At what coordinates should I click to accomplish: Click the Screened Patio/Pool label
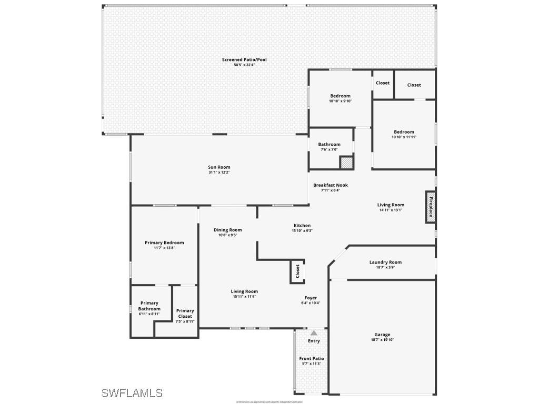[244, 59]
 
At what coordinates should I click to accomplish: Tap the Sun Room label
[218, 167]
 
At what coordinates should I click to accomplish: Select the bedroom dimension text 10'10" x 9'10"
[340, 101]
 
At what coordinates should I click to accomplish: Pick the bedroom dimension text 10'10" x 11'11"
[404, 137]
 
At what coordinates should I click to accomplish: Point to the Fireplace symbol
[430, 207]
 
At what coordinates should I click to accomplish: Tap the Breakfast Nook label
[330, 185]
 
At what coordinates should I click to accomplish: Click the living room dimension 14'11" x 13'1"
[391, 210]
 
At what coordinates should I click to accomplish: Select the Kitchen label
[302, 225]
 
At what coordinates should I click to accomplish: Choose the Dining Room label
[227, 230]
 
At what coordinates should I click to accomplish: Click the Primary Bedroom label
[164, 243]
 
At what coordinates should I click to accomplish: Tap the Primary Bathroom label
[149, 306]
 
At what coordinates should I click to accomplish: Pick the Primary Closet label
[185, 314]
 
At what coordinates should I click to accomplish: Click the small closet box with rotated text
[297, 271]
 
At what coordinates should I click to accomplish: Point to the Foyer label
[311, 298]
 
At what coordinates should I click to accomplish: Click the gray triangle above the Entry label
[314, 333]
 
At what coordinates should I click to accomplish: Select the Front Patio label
[312, 358]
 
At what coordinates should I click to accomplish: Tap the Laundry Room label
[385, 262]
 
